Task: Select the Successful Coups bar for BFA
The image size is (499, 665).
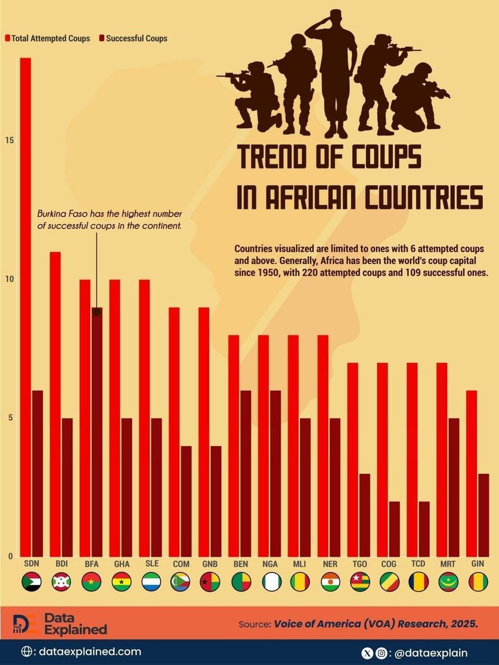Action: pyautogui.click(x=96, y=432)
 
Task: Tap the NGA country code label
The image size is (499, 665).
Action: pyautogui.click(x=271, y=564)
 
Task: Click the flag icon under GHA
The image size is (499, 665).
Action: pyautogui.click(x=122, y=582)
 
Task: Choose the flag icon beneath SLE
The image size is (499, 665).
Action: pyautogui.click(x=151, y=582)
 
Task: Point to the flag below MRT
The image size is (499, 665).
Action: pyautogui.click(x=448, y=582)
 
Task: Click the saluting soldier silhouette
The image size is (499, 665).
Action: pyautogui.click(x=335, y=72)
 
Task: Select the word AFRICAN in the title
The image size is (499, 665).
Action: pyautogui.click(x=319, y=198)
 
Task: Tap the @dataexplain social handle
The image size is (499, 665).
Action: pyautogui.click(x=432, y=652)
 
